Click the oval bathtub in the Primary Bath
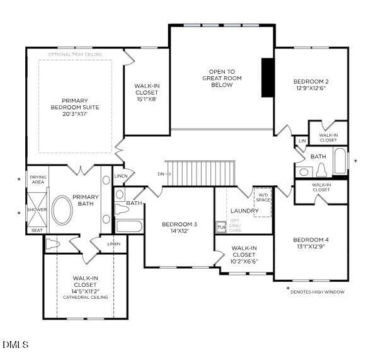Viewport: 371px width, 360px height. (62, 211)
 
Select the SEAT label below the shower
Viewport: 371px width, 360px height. (37, 231)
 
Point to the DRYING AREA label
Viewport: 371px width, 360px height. (38, 180)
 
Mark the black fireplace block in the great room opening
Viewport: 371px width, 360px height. (267, 78)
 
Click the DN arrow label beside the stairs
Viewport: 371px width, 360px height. (163, 173)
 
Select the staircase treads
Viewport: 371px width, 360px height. (201, 170)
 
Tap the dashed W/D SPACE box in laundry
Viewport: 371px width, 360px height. (263, 202)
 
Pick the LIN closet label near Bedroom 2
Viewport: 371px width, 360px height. (302, 141)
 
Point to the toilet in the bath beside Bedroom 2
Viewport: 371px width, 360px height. (320, 170)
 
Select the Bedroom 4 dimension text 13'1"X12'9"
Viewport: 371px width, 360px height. (310, 247)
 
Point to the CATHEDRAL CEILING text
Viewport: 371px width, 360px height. (85, 297)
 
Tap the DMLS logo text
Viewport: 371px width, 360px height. (16, 345)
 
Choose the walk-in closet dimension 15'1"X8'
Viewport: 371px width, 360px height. (147, 98)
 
